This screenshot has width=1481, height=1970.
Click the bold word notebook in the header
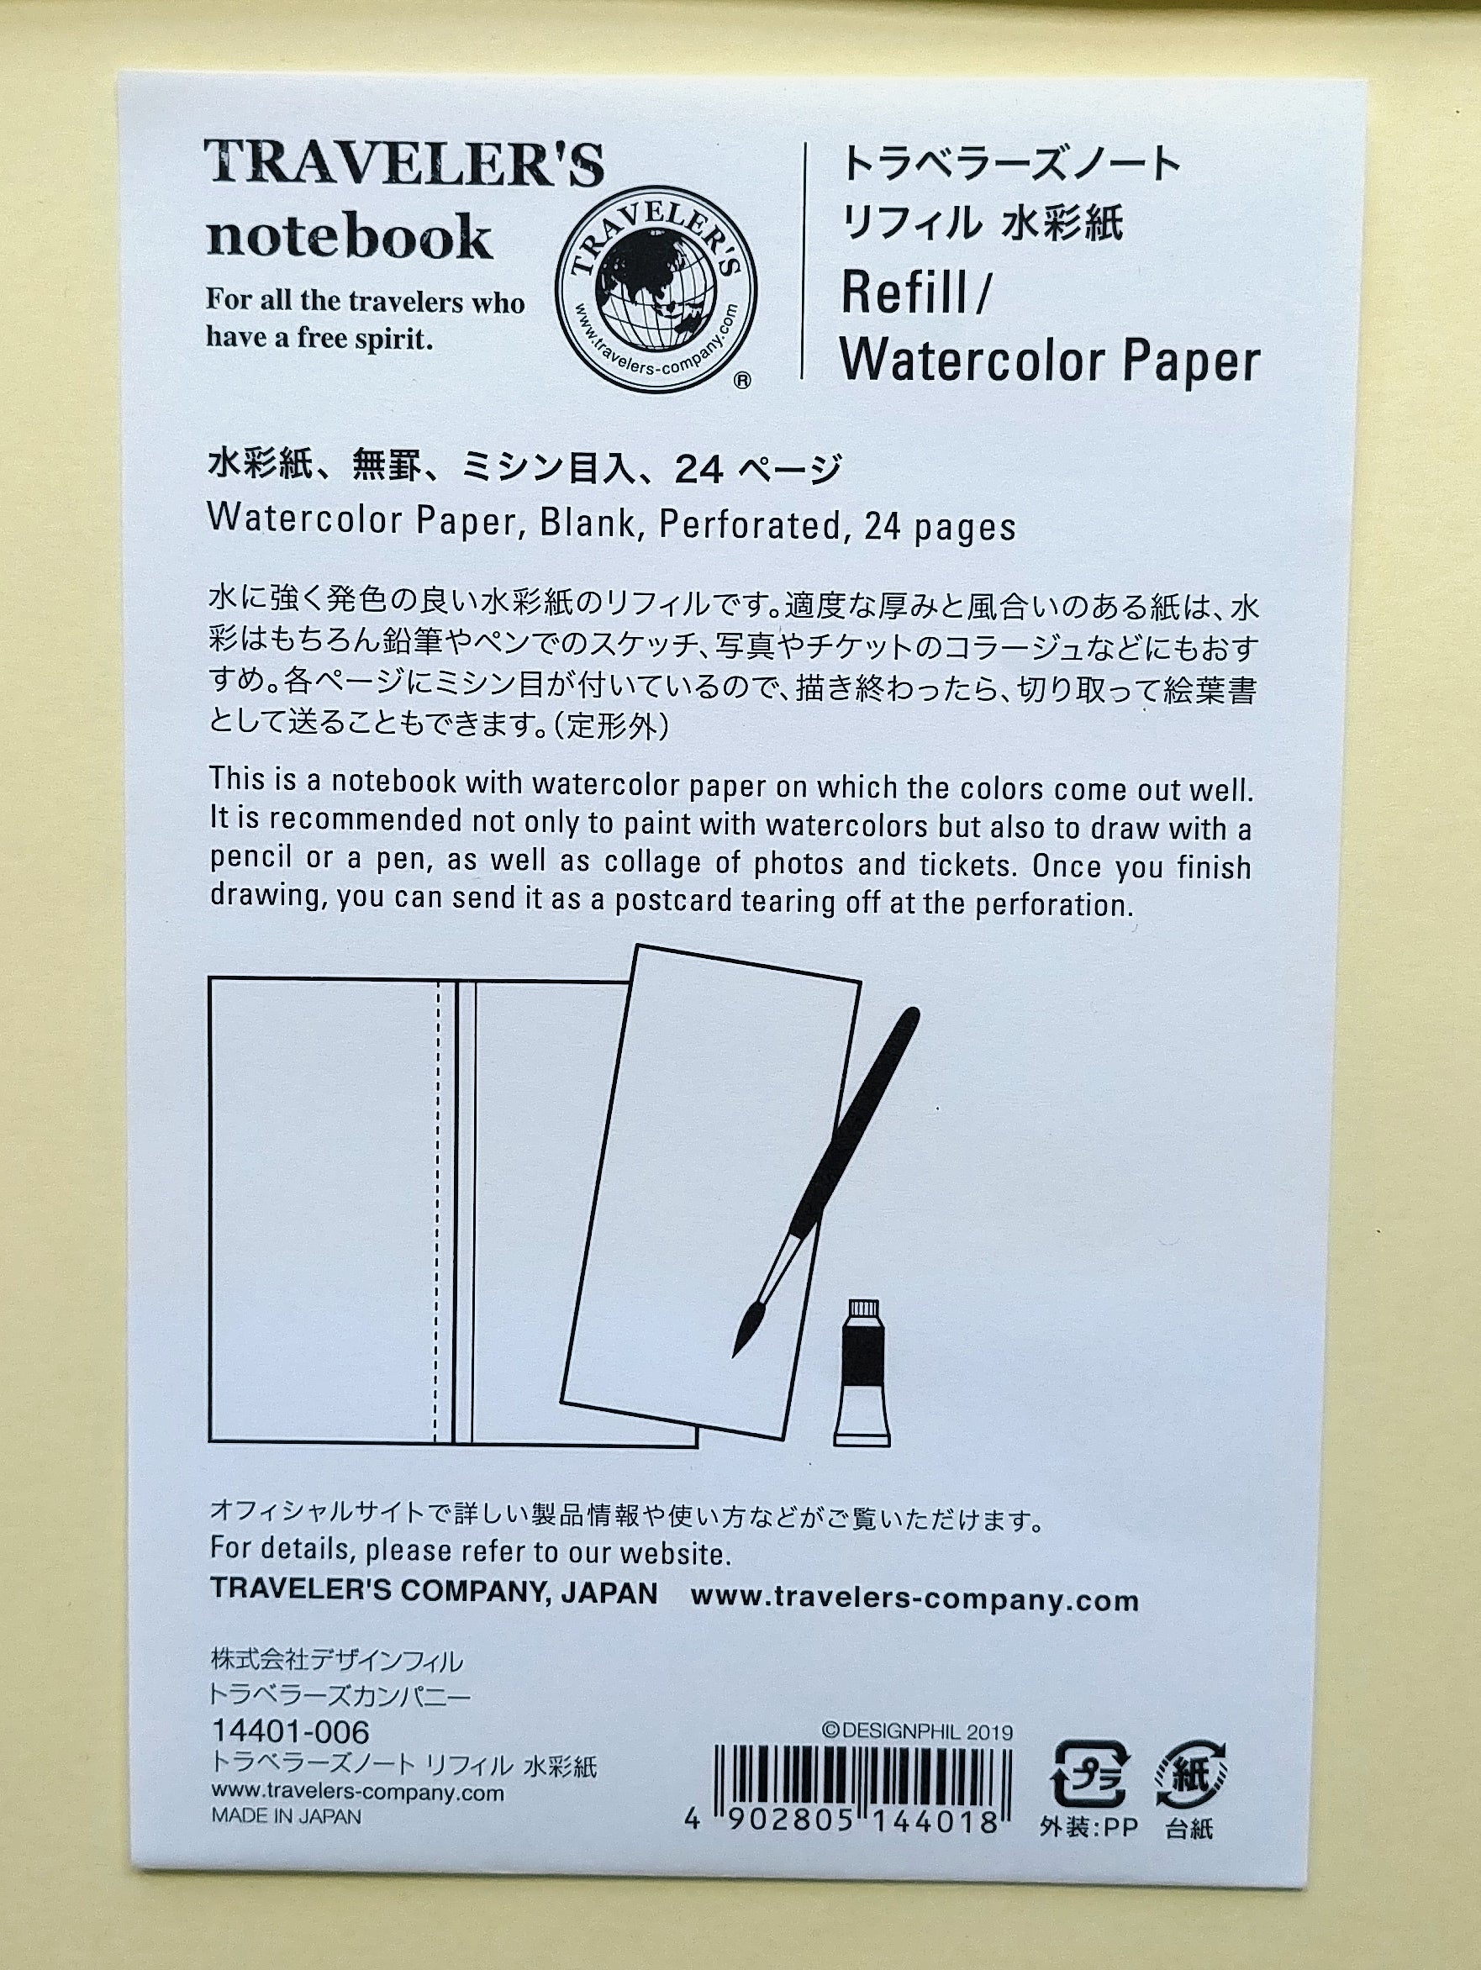click(349, 236)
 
